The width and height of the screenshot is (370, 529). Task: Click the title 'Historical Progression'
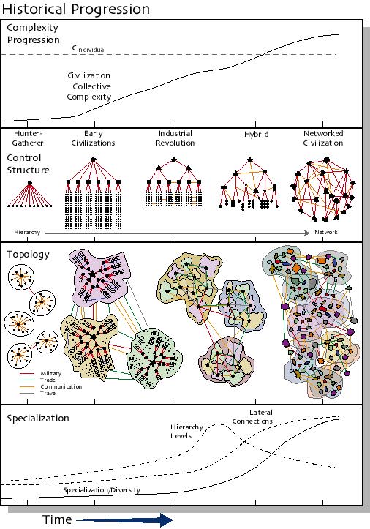coord(76,9)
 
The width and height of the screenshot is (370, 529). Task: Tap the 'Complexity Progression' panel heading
coord(32,34)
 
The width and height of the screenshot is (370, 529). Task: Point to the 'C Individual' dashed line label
coord(88,48)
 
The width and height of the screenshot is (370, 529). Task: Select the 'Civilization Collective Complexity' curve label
coord(88,86)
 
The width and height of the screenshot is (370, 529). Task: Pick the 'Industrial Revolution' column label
coord(175,138)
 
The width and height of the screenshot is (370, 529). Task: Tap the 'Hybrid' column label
coord(256,135)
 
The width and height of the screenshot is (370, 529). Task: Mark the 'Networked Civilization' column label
coord(322,138)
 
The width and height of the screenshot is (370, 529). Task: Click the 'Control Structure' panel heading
coord(28,164)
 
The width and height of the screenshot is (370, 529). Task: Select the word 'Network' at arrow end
coord(327,232)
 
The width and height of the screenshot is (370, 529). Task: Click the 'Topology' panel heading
coord(28,254)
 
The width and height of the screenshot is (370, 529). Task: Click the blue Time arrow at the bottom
coord(124,519)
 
